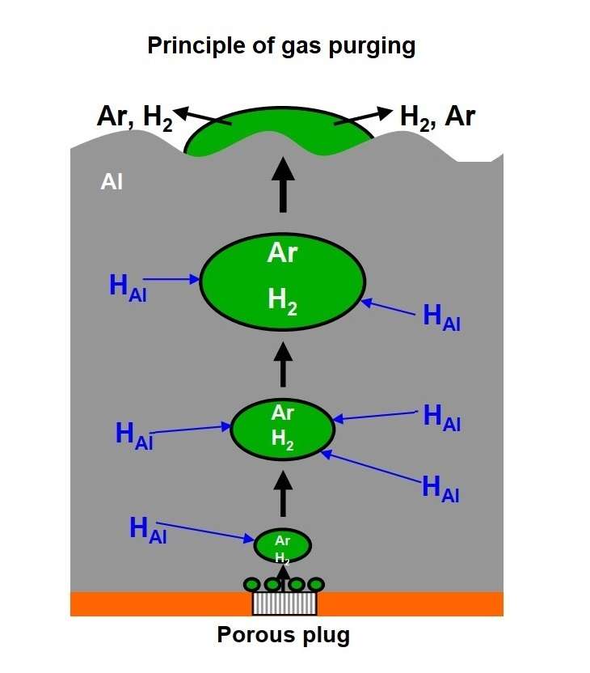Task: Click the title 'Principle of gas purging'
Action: [x=281, y=45]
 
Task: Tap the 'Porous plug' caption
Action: [x=284, y=636]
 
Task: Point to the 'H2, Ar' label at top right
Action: [x=437, y=117]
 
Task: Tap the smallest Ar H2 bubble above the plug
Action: [x=282, y=546]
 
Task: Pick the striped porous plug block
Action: [x=284, y=603]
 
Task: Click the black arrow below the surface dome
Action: [x=283, y=184]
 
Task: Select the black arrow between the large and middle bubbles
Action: [x=283, y=364]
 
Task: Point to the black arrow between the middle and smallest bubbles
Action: [x=283, y=493]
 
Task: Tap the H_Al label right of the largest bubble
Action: [x=442, y=317]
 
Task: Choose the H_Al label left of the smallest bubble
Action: [x=148, y=530]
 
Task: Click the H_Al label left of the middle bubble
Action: [x=134, y=434]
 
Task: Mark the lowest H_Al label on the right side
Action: [x=441, y=489]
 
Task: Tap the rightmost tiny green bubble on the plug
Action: [x=316, y=584]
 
